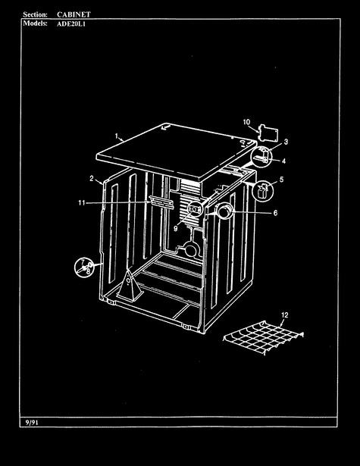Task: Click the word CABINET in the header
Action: coord(74,14)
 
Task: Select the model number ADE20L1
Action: coord(71,24)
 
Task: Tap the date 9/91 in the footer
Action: coord(32,422)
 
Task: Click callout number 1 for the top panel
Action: coord(117,136)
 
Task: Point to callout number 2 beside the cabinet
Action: coord(92,178)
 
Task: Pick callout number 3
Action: coord(286,142)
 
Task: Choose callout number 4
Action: coord(283,161)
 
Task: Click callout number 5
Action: coord(281,180)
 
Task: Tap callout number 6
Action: coord(275,213)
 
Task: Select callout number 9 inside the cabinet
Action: coord(175,229)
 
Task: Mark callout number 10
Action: coord(246,122)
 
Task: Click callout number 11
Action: coord(81,202)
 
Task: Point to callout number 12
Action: coord(284,315)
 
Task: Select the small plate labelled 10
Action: coord(268,133)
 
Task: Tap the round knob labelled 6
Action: coord(225,211)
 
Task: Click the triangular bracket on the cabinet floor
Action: coord(130,286)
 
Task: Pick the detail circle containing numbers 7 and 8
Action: coord(84,267)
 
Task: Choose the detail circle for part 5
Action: coord(262,191)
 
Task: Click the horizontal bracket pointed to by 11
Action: coord(161,202)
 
